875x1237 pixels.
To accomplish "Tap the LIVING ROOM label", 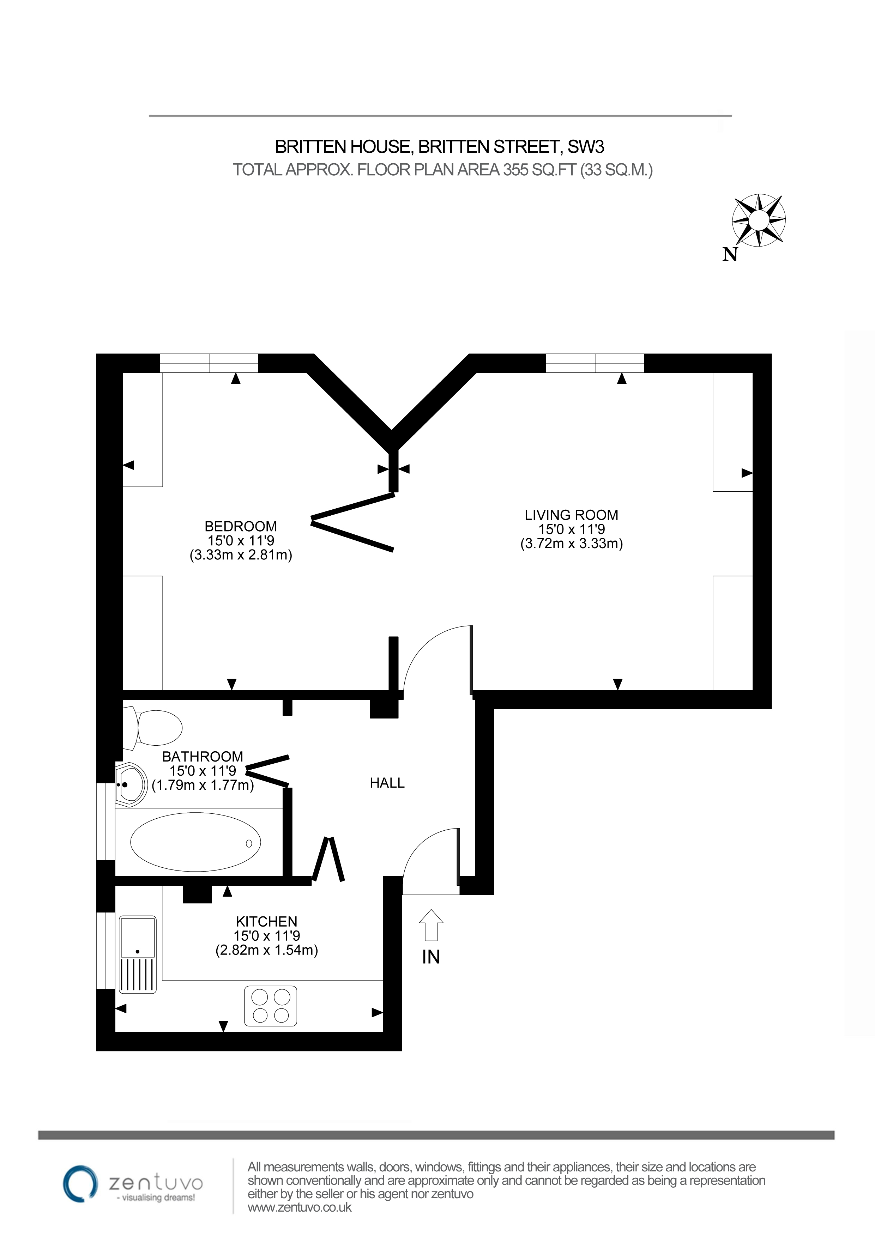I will [x=571, y=515].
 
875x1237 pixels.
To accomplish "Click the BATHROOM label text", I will [x=203, y=757].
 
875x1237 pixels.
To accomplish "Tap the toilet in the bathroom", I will [x=153, y=727].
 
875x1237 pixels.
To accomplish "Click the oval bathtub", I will [x=195, y=842].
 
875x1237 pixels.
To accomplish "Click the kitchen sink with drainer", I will [x=137, y=954].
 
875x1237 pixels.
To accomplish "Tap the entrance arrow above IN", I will [x=431, y=925].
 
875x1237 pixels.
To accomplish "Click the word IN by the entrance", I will [x=431, y=957].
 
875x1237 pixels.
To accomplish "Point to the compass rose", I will [x=759, y=220].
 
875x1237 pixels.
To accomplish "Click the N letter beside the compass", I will [x=730, y=254].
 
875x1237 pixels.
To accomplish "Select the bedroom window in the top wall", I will [x=209, y=363].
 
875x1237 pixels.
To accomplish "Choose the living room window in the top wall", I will [x=595, y=363].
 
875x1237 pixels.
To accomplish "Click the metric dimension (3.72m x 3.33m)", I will [x=571, y=544].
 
